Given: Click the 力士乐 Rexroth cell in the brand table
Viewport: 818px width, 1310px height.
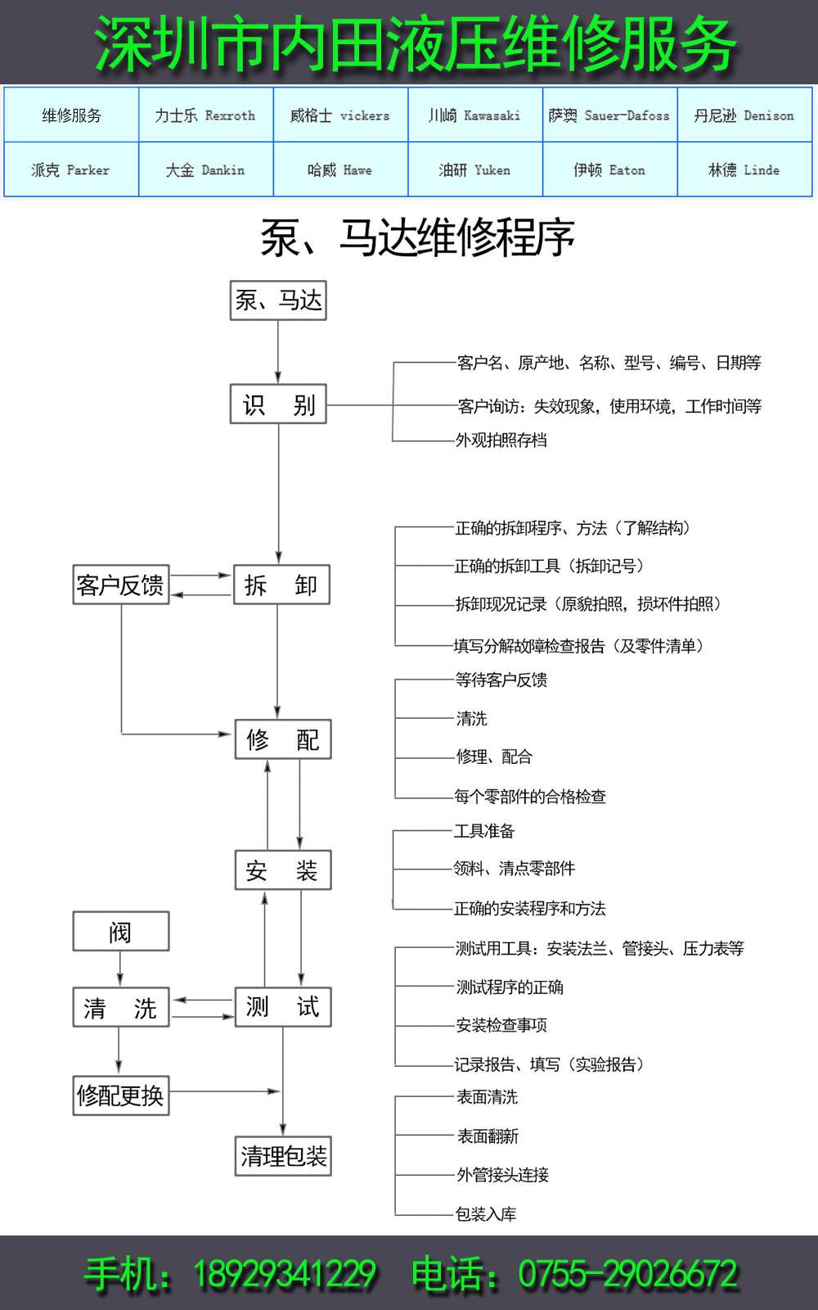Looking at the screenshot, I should [x=205, y=115].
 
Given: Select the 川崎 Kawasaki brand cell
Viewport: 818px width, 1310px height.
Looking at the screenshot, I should [x=474, y=115].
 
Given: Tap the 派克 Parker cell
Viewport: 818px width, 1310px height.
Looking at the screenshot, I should [x=70, y=170].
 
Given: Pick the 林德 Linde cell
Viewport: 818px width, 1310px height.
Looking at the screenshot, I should [x=744, y=170].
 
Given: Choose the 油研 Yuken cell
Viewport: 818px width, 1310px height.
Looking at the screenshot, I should [x=474, y=170].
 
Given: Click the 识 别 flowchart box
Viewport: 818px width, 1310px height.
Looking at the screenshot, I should [x=278, y=404].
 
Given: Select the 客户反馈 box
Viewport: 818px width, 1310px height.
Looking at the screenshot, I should [x=121, y=585].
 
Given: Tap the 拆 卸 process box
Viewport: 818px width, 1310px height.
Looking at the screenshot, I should [x=281, y=585].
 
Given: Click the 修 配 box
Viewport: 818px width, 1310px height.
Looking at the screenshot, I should [x=283, y=739].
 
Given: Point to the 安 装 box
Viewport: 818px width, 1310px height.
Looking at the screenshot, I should [x=283, y=870].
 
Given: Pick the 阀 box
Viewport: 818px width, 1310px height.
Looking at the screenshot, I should [x=121, y=932].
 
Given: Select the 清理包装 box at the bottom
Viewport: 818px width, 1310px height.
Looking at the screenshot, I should [x=283, y=1156].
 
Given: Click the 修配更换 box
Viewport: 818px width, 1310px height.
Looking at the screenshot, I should [x=121, y=1095].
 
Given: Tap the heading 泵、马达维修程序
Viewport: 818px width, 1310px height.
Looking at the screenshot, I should [x=417, y=238].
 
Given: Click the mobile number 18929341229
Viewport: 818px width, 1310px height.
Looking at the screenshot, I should [x=284, y=1274].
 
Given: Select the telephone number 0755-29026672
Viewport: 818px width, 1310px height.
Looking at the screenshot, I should [x=627, y=1274].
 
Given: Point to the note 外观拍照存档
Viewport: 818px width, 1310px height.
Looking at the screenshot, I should [x=501, y=440].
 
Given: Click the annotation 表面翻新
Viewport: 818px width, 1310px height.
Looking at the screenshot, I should [x=488, y=1136].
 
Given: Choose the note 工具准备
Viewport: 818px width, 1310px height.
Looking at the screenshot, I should [x=484, y=831].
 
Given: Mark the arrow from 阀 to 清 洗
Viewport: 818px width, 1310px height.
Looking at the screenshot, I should [x=120, y=969].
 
